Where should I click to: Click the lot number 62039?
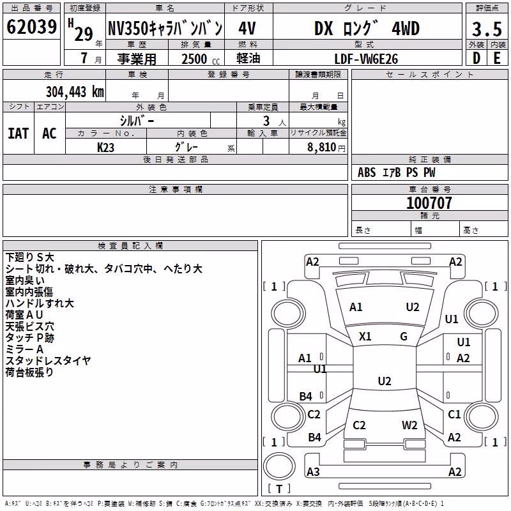tap(31, 26)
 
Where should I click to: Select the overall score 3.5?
tap(487, 29)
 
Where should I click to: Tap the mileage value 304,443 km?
tap(75, 92)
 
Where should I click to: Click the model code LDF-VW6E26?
tap(366, 59)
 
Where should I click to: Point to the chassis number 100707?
tap(429, 202)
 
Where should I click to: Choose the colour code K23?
tap(105, 148)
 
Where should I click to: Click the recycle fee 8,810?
tap(322, 147)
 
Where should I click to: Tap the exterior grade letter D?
tap(477, 58)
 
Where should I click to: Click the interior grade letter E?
tap(497, 58)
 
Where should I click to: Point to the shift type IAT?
tap(19, 133)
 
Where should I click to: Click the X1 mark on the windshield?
tap(365, 337)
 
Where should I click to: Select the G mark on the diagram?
tap(404, 337)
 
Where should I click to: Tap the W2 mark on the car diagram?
tap(409, 425)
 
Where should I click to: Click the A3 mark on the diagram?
tap(313, 471)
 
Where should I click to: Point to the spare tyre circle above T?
tap(279, 466)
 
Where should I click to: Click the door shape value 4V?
tap(247, 28)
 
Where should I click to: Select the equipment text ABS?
tap(367, 172)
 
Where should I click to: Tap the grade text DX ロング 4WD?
tap(367, 29)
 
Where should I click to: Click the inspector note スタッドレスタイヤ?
tap(49, 361)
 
